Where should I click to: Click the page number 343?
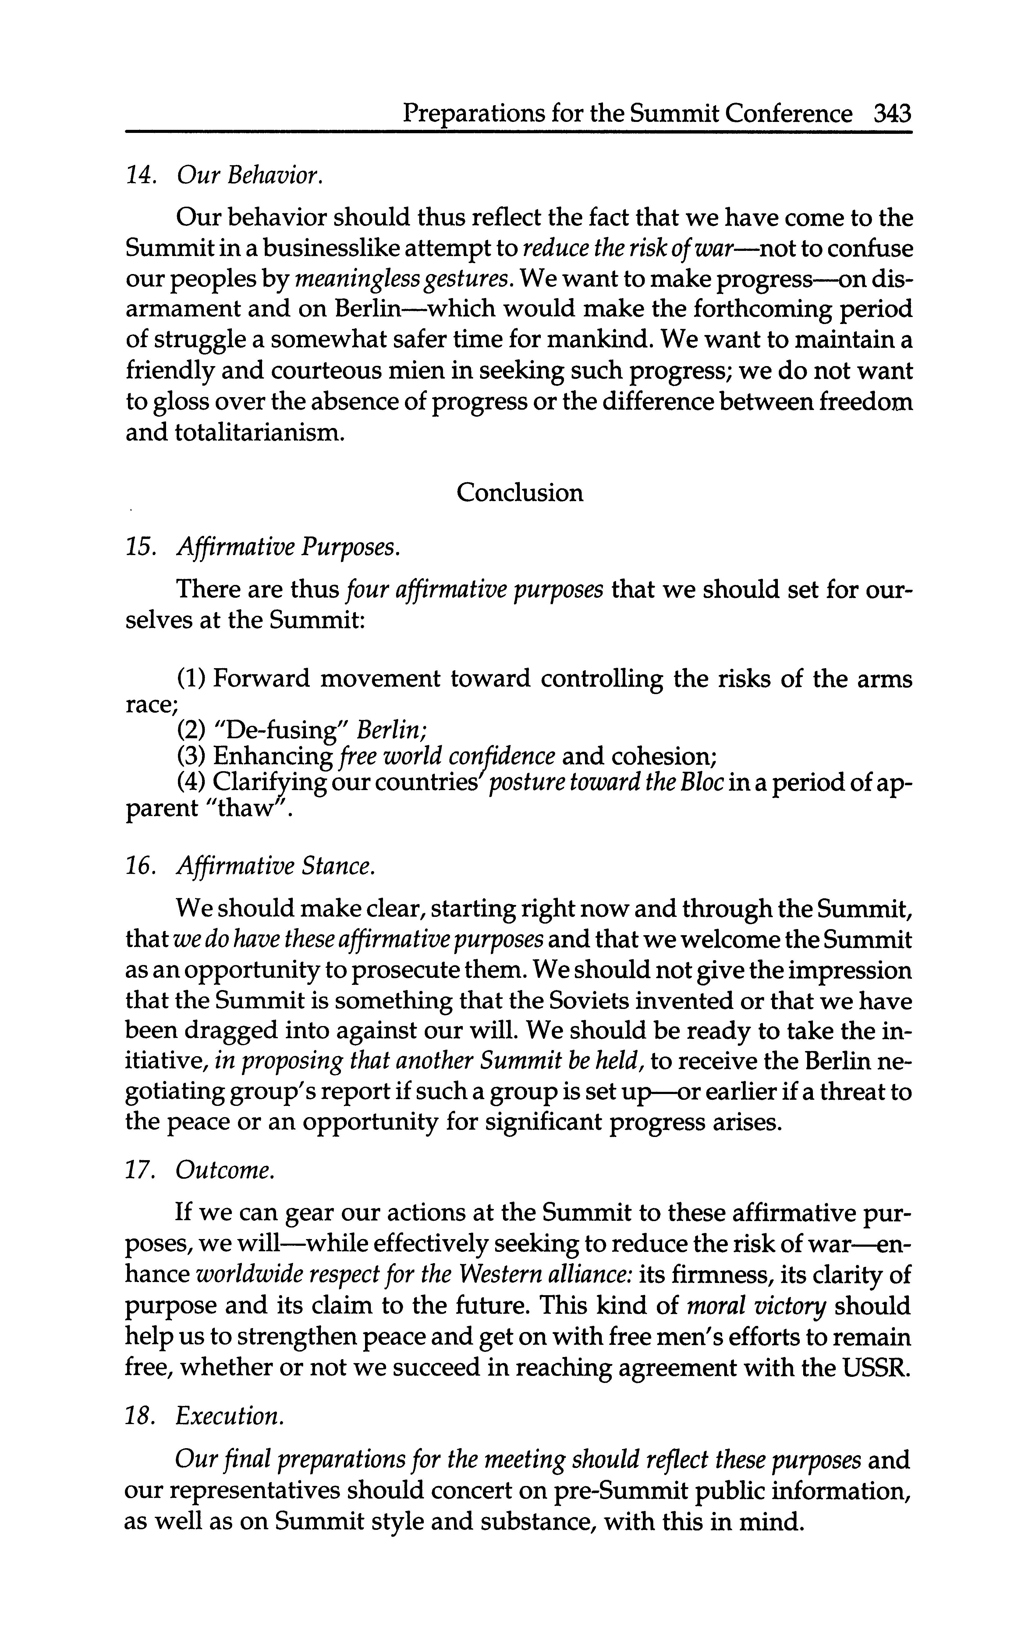(x=893, y=114)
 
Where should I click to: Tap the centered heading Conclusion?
(x=520, y=493)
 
